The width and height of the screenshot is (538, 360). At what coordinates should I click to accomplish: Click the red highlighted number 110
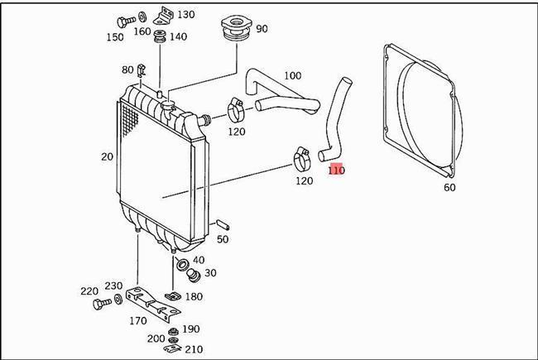click(336, 170)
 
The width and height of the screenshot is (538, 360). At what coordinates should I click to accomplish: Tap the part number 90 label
click(262, 29)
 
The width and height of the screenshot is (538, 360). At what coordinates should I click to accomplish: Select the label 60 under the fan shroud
click(449, 188)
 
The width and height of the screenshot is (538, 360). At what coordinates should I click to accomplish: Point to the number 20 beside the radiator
click(107, 156)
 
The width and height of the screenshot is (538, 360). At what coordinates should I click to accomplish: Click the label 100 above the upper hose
click(292, 76)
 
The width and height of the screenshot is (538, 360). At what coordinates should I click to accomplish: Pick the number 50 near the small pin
click(223, 239)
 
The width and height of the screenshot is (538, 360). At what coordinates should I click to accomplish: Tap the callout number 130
click(186, 15)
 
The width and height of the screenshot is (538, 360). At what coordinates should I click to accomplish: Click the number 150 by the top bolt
click(114, 37)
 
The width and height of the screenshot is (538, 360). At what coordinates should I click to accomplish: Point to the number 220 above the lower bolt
click(89, 290)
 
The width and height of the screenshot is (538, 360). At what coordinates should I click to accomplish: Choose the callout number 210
click(194, 348)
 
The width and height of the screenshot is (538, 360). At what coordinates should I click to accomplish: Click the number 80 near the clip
click(127, 70)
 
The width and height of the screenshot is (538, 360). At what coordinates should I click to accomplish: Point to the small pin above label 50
click(223, 223)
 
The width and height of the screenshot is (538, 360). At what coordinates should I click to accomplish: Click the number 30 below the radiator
click(210, 273)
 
